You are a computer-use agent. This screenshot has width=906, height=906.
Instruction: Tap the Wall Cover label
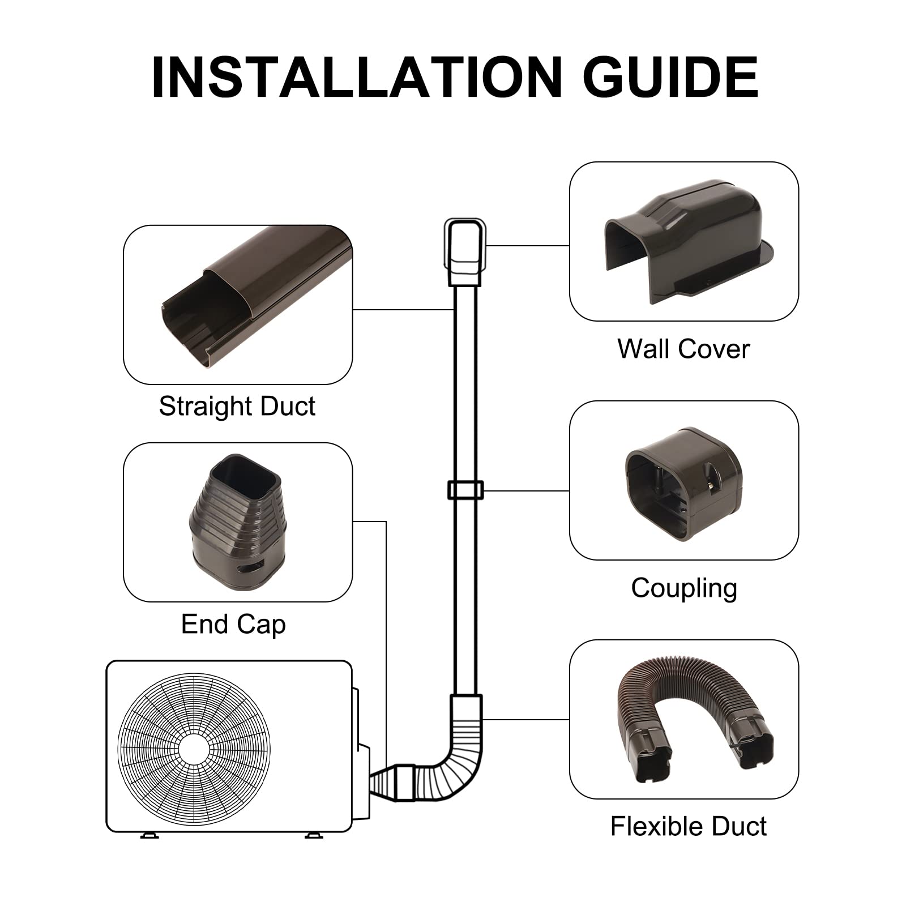click(x=683, y=349)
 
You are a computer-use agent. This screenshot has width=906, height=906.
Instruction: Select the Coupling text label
click(x=683, y=588)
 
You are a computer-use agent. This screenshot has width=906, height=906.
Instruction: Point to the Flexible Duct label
click(x=688, y=826)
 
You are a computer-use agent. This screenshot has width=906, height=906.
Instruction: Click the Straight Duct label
click(x=237, y=406)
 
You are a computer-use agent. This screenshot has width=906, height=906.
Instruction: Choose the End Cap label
click(x=233, y=624)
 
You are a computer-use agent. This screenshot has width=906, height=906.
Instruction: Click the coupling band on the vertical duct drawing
click(x=465, y=490)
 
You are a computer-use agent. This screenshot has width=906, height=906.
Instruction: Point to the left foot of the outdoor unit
click(x=149, y=835)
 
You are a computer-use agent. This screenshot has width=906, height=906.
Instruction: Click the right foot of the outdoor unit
click(x=313, y=835)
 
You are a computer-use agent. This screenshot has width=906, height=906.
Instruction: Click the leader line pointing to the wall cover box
click(x=527, y=246)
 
